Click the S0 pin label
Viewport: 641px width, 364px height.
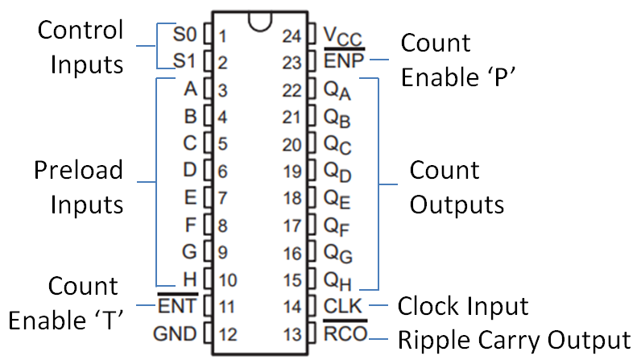pyautogui.click(x=184, y=35)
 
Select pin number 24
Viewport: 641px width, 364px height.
pyautogui.click(x=292, y=36)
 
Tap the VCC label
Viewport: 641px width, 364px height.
pyautogui.click(x=342, y=37)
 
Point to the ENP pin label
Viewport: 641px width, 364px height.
pyautogui.click(x=344, y=61)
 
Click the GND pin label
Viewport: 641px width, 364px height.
pyautogui.click(x=175, y=333)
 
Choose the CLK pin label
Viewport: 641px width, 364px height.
pyautogui.click(x=343, y=306)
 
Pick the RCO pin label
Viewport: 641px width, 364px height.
pyautogui.click(x=345, y=333)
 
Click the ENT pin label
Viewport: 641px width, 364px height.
pyautogui.click(x=177, y=306)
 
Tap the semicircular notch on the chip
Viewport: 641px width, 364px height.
pyautogui.click(x=260, y=23)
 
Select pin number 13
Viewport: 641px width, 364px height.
pyautogui.click(x=292, y=335)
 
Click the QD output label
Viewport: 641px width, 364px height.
pyautogui.click(x=337, y=172)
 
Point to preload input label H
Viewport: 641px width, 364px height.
pyautogui.click(x=190, y=279)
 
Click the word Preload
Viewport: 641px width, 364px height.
pyautogui.click(x=78, y=170)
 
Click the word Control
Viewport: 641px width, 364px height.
pyautogui.click(x=81, y=30)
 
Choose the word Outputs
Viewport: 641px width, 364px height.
pyautogui.click(x=457, y=205)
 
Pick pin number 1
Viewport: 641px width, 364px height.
pyautogui.click(x=222, y=36)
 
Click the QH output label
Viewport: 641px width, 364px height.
pyautogui.click(x=337, y=281)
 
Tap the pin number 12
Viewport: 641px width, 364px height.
pyautogui.click(x=228, y=335)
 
